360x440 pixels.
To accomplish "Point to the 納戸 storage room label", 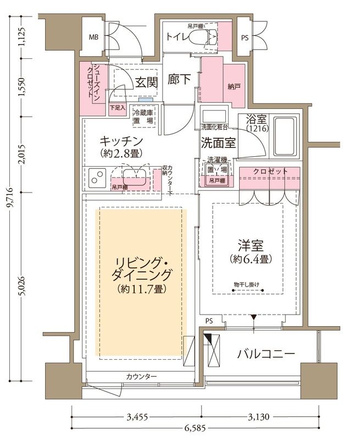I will (x=234, y=86).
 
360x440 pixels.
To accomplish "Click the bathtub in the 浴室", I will (x=285, y=137).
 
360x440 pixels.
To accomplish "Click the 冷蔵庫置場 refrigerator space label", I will (x=143, y=116).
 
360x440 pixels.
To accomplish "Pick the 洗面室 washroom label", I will (x=218, y=143).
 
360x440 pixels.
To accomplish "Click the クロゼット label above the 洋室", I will (x=270, y=172).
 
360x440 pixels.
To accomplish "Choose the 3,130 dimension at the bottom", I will (x=257, y=417).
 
